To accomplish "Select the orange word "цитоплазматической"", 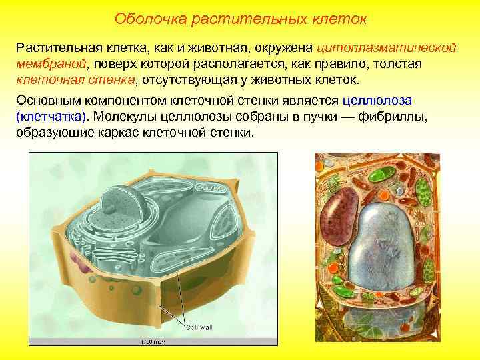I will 386,49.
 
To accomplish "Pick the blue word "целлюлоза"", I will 377,100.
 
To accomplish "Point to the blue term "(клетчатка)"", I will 51,115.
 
